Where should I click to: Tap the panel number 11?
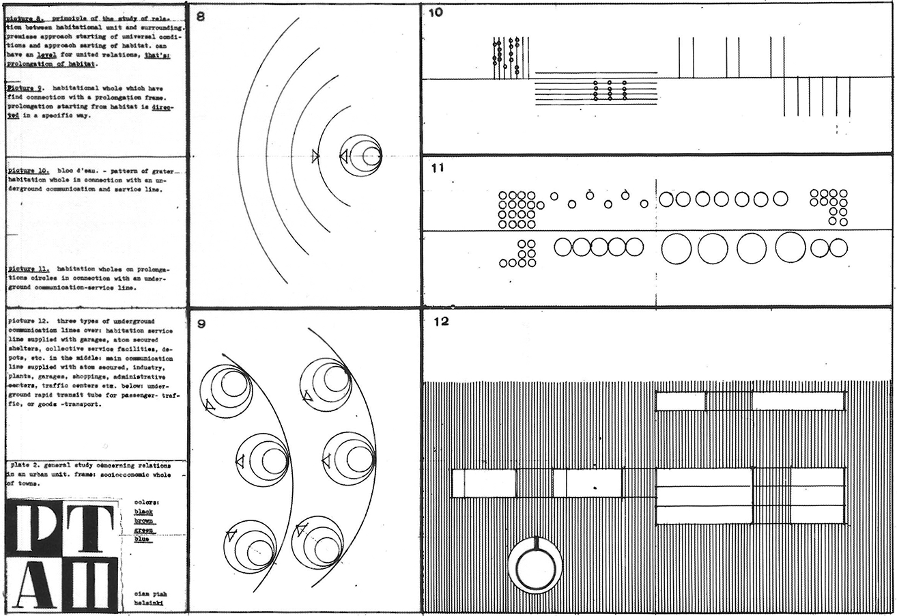pos(437,167)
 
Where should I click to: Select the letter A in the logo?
pos(33,584)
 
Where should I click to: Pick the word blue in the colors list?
pos(143,539)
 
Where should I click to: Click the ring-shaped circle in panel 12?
pos(535,566)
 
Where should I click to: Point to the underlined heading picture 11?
pos(28,269)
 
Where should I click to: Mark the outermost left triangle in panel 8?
pos(315,156)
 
